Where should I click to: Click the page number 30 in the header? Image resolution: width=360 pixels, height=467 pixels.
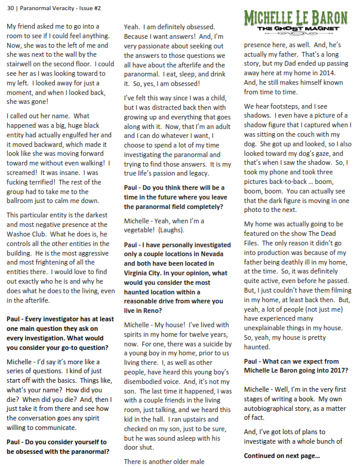pos(10,8)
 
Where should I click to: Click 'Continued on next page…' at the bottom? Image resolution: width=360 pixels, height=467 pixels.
pos(282,456)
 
